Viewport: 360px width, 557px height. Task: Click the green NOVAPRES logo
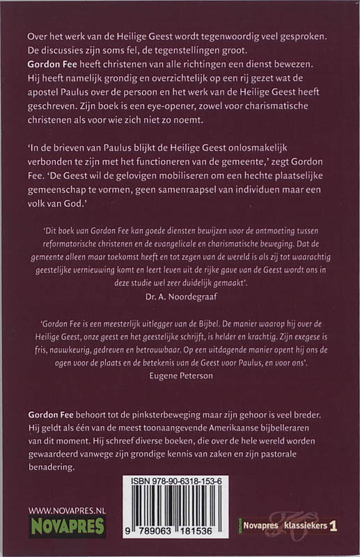[67, 526]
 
